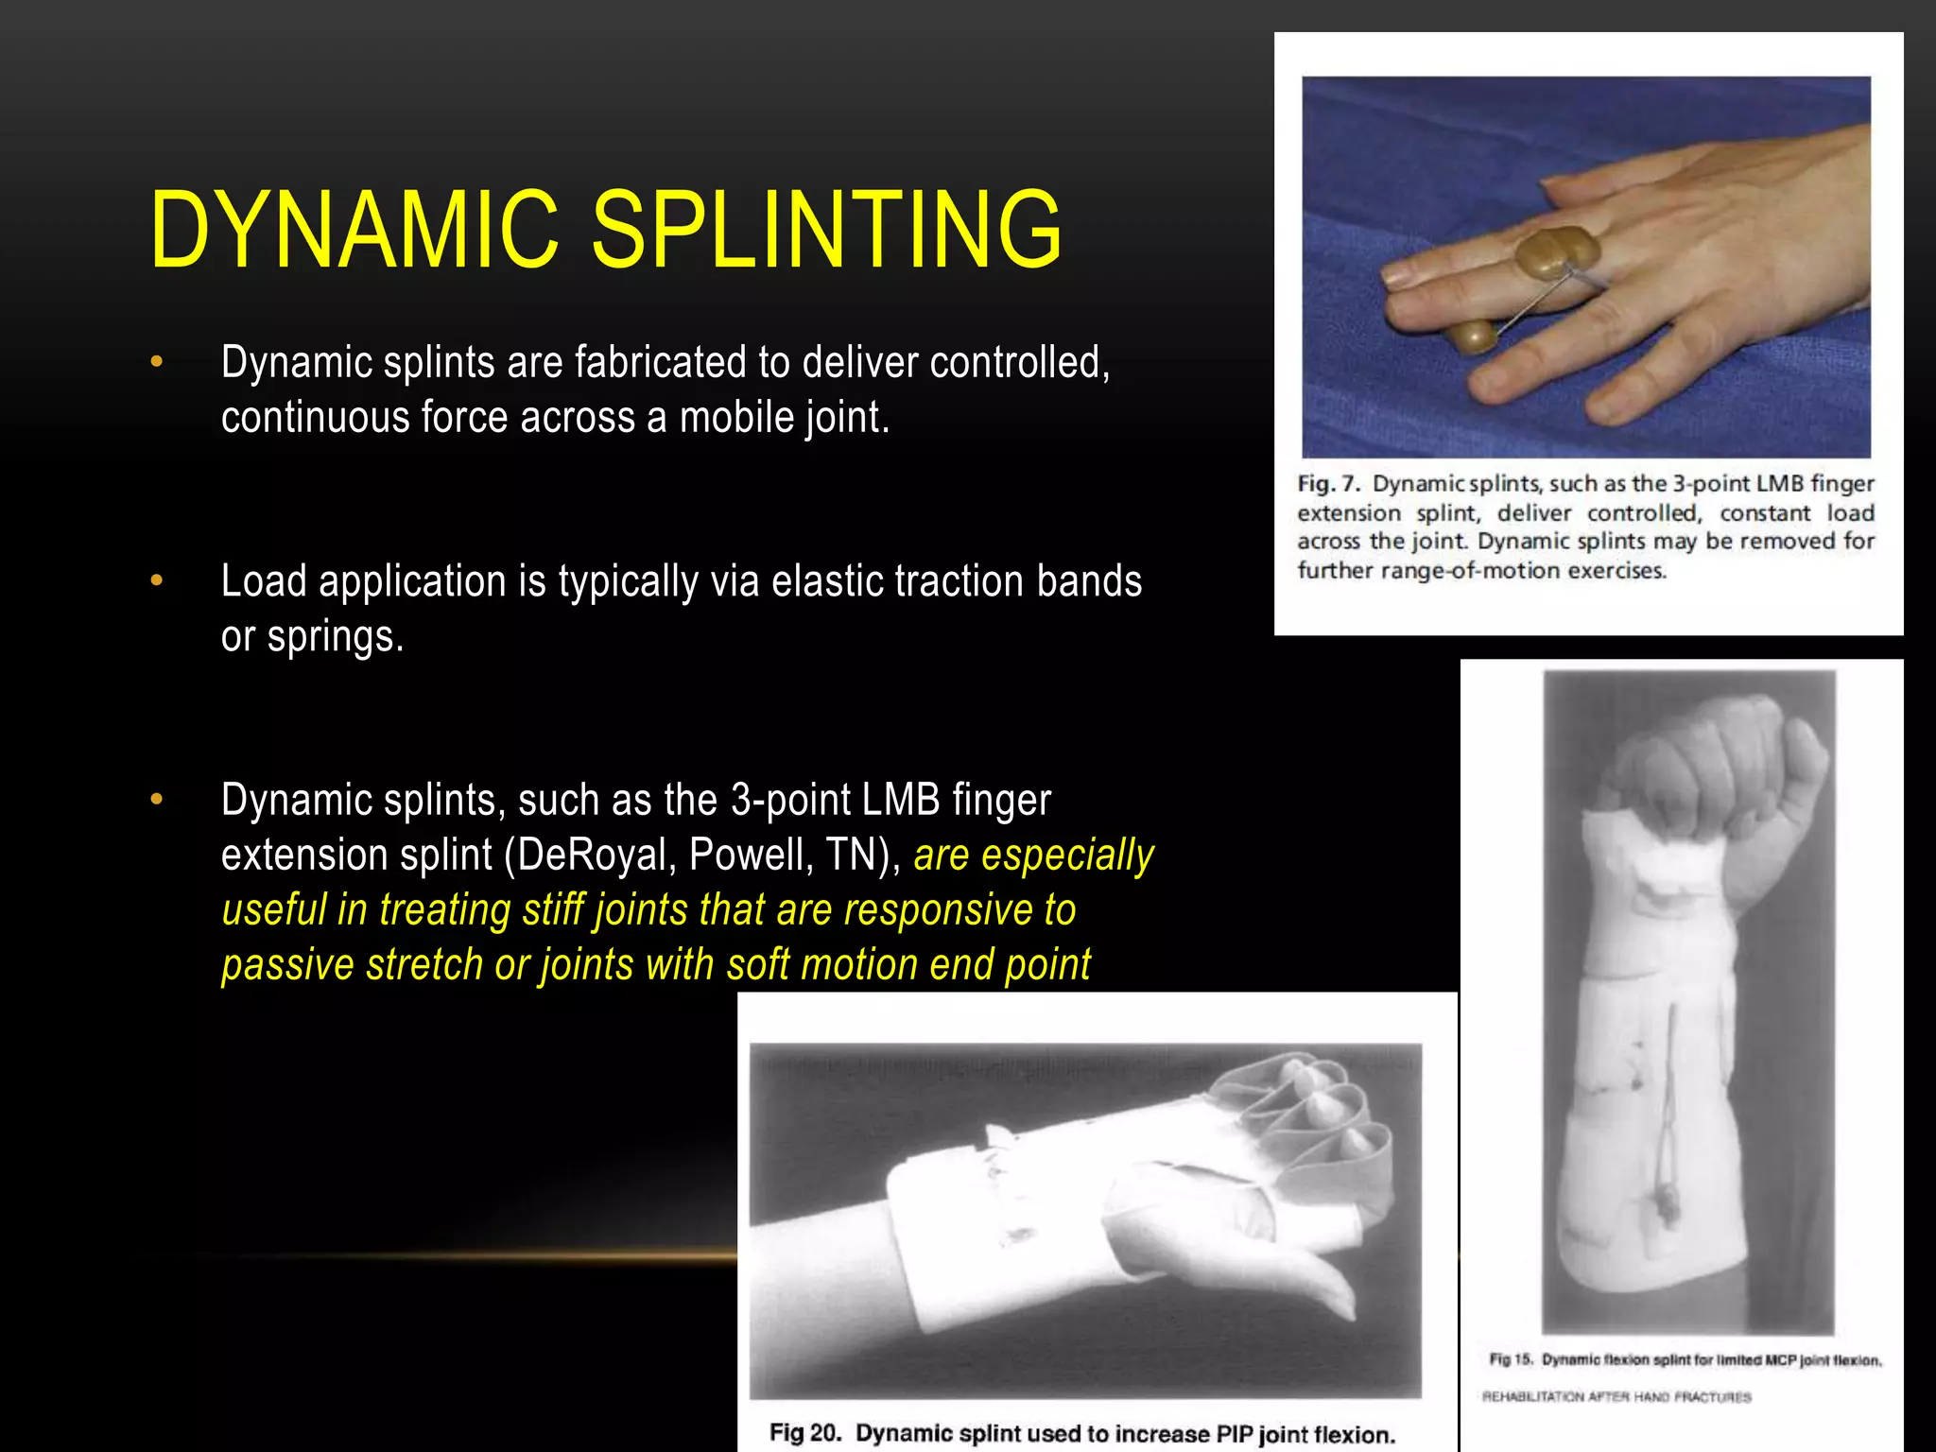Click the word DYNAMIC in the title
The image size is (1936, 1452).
click(354, 230)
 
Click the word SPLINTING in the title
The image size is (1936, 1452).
click(827, 230)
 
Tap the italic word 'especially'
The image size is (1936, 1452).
click(1067, 856)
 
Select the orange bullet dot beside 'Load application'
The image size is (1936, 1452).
click(157, 580)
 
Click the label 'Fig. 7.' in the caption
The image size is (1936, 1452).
click(1328, 484)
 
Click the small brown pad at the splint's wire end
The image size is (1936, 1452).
click(1472, 337)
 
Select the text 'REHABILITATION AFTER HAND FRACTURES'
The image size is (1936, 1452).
click(1616, 1396)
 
